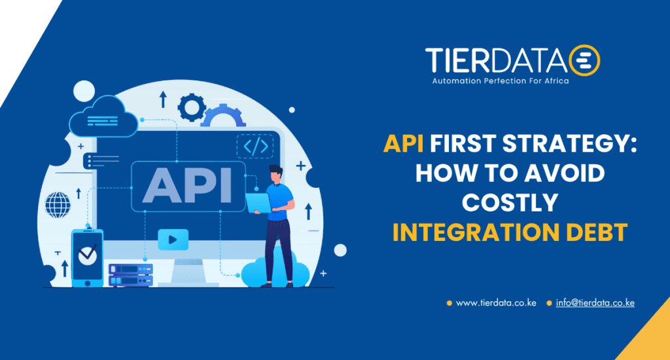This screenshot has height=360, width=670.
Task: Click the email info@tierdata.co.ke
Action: pyautogui.click(x=595, y=302)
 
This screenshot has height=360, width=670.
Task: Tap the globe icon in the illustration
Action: pyautogui.click(x=57, y=205)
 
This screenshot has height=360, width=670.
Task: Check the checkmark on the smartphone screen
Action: pyautogui.click(x=87, y=253)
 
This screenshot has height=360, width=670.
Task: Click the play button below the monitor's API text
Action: pyautogui.click(x=173, y=239)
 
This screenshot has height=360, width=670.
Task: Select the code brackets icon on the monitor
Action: pyautogui.click(x=255, y=147)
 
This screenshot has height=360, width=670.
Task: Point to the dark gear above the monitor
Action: pyautogui.click(x=192, y=107)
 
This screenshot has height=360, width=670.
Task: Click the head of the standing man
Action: pyautogui.click(x=275, y=174)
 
